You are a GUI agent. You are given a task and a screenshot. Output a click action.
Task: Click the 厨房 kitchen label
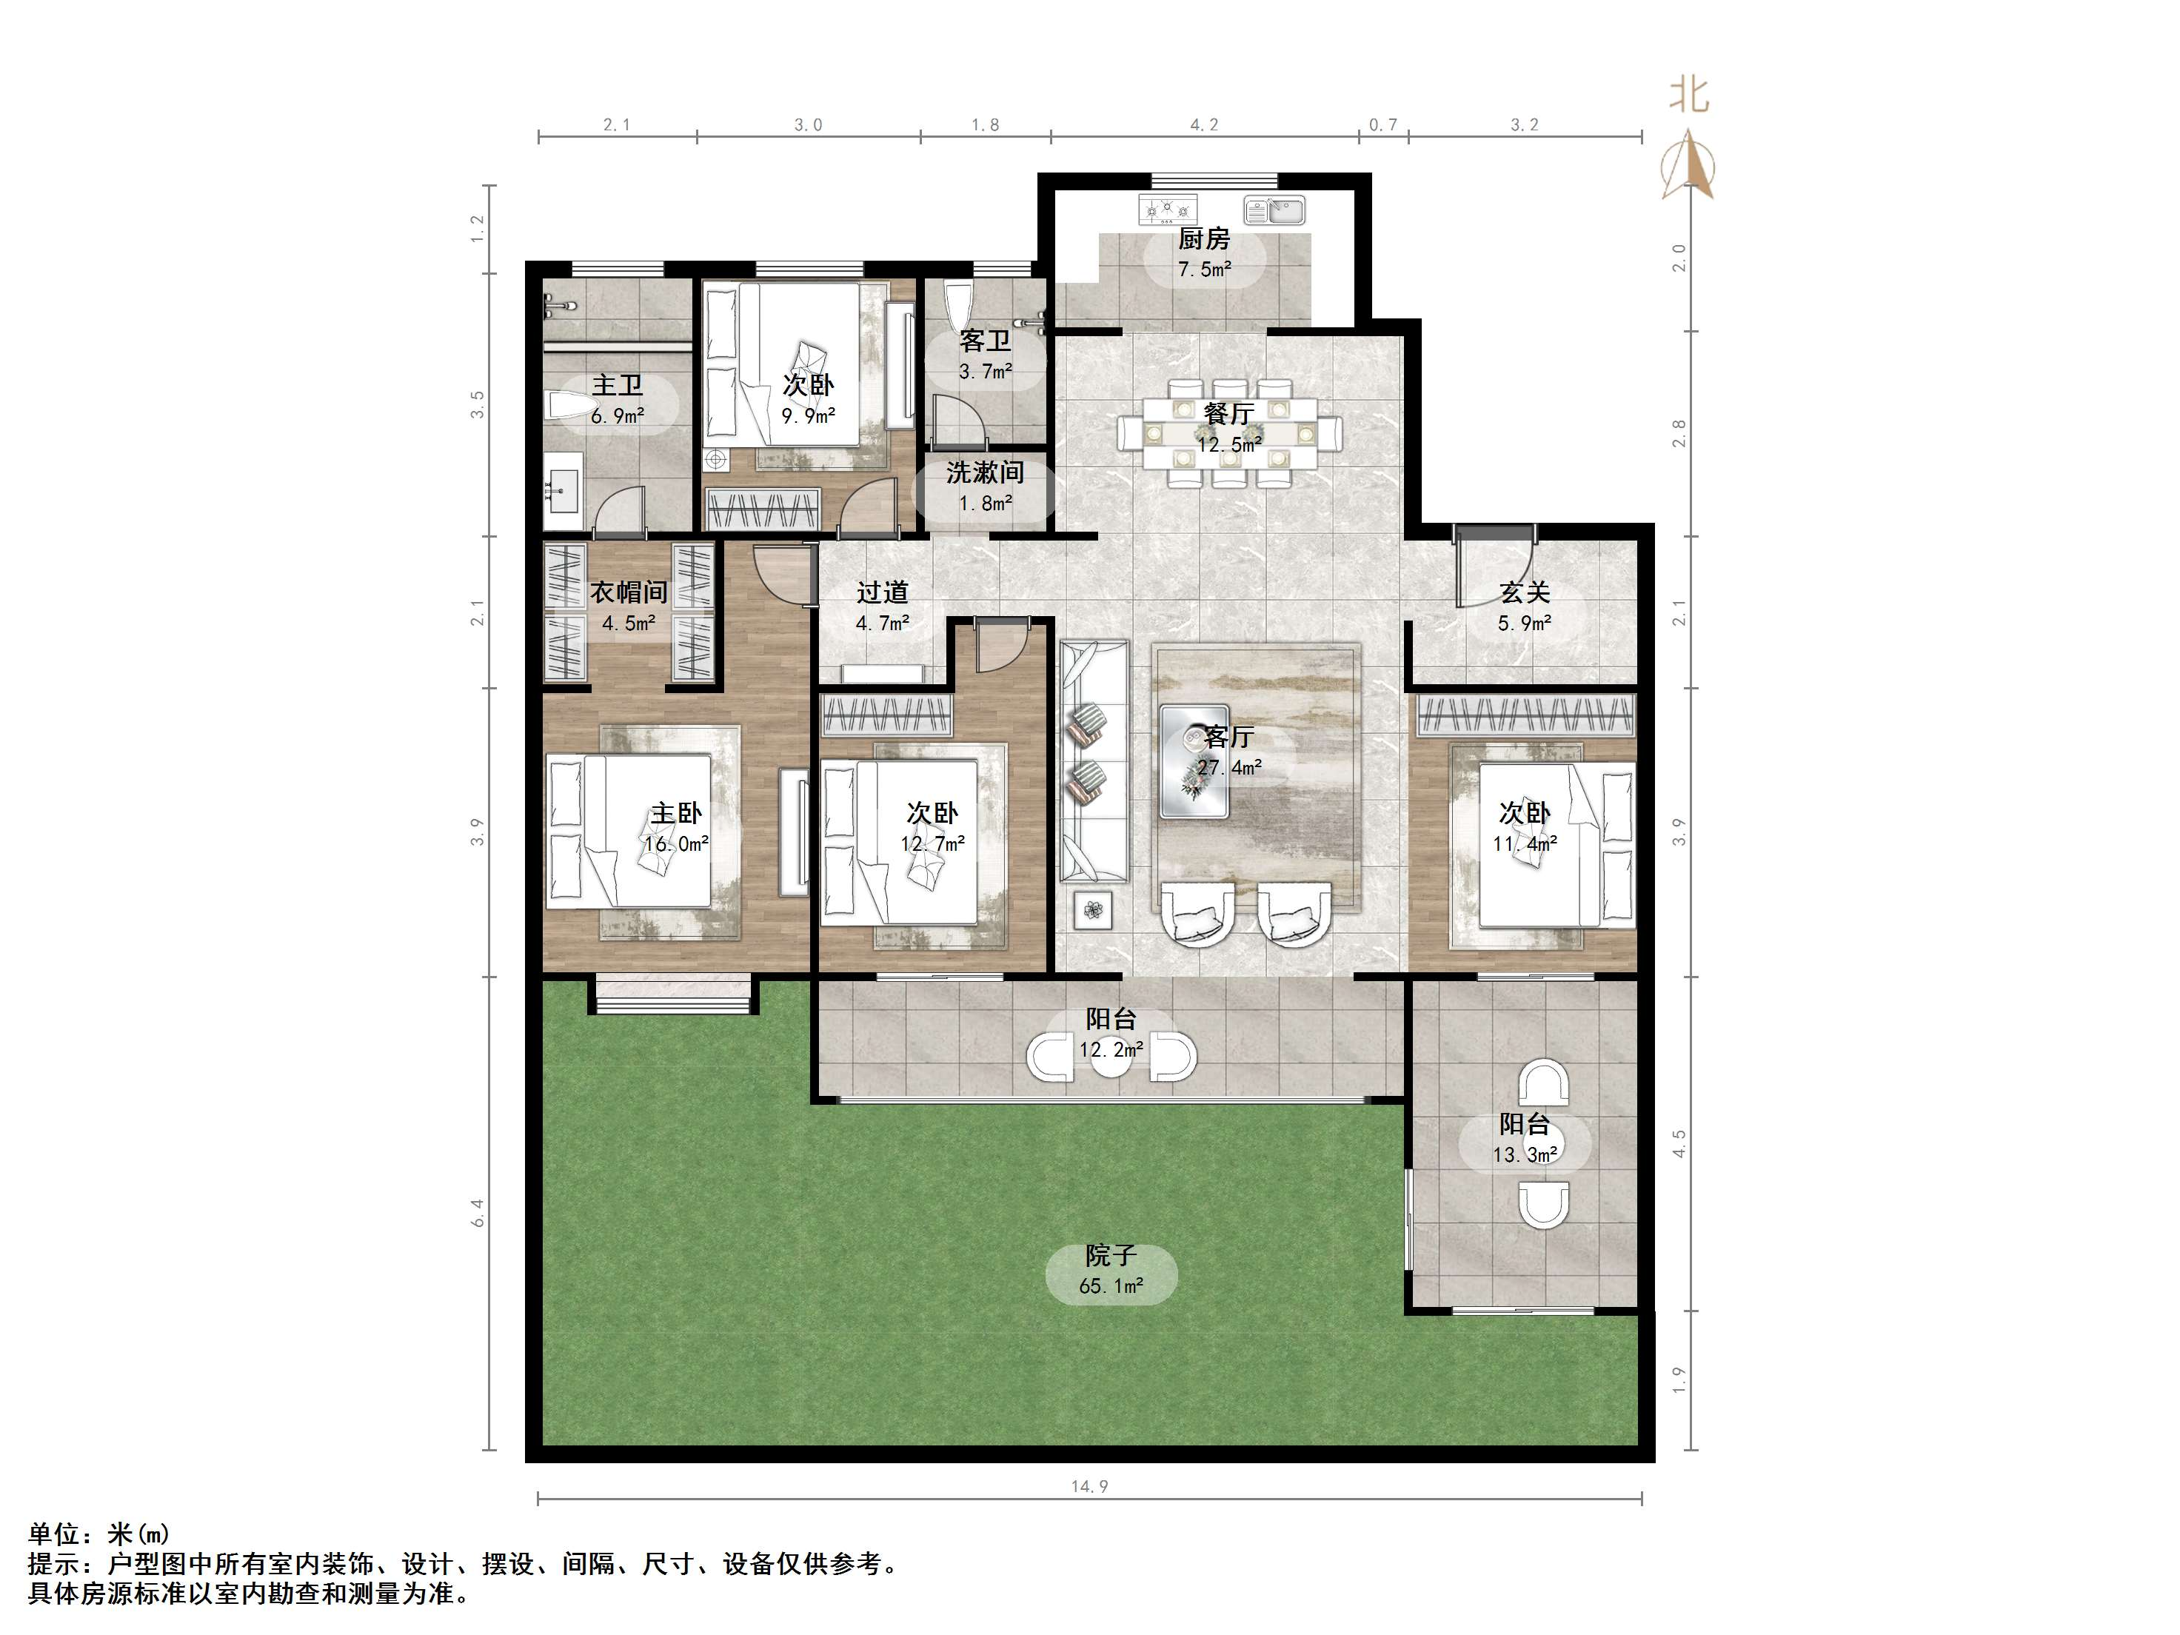tap(1203, 238)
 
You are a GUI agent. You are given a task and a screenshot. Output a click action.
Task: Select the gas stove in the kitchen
tap(1168, 209)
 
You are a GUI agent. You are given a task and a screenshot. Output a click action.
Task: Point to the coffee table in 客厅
tap(1194, 760)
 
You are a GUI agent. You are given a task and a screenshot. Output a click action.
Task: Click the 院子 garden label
tap(1111, 1256)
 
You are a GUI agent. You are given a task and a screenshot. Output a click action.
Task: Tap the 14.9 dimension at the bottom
tap(1089, 1487)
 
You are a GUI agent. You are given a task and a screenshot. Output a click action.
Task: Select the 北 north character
tap(1689, 96)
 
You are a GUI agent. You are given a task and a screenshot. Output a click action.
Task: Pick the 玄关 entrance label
tap(1525, 592)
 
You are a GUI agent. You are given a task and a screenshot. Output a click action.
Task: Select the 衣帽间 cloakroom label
tap(629, 592)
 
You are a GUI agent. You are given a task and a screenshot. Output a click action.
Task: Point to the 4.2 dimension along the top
tap(1204, 125)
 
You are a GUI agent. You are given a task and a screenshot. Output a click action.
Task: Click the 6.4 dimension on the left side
tap(478, 1213)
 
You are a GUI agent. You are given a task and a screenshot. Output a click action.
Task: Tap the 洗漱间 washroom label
tap(985, 473)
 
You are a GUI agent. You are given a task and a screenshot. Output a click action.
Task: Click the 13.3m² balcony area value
tap(1525, 1155)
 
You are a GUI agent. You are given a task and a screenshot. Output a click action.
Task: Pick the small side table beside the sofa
tap(1093, 909)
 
